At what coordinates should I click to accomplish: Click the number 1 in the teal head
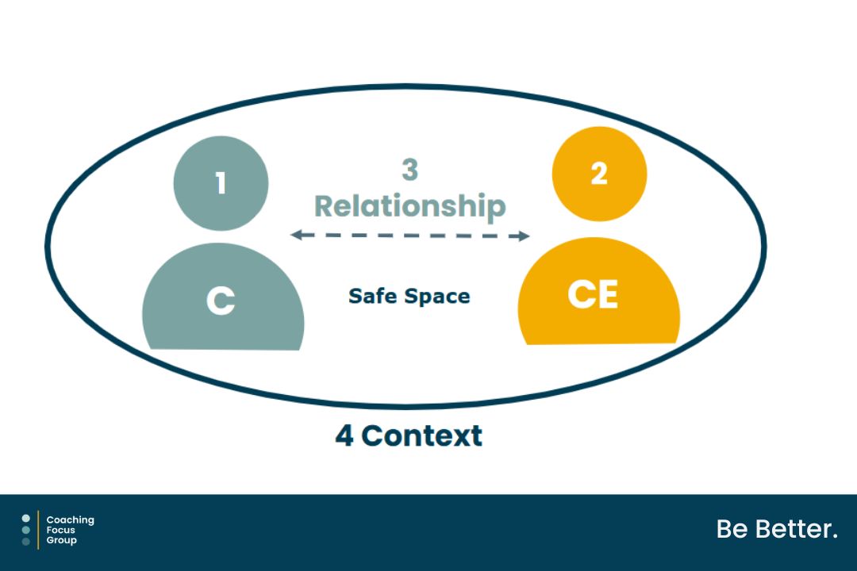tap(221, 183)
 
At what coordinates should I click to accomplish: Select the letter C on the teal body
tap(221, 301)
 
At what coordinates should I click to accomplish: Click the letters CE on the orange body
tap(593, 295)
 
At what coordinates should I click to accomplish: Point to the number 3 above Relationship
tap(409, 171)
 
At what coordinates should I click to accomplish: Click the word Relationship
tap(409, 206)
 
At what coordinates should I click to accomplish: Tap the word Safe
tap(374, 297)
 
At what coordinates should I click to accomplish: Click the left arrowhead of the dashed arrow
tap(295, 235)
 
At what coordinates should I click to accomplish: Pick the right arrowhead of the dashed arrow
tap(524, 236)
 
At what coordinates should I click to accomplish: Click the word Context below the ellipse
tap(421, 435)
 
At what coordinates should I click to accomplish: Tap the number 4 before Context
tap(344, 435)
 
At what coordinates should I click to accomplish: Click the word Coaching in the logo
tap(70, 520)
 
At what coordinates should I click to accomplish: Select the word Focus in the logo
tap(61, 530)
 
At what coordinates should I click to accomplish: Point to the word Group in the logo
tap(62, 540)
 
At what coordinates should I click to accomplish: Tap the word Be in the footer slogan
tap(731, 529)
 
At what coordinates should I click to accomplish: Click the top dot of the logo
tap(26, 519)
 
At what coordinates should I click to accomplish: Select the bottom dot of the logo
tap(26, 542)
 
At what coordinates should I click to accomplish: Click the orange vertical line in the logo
tap(38, 530)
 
